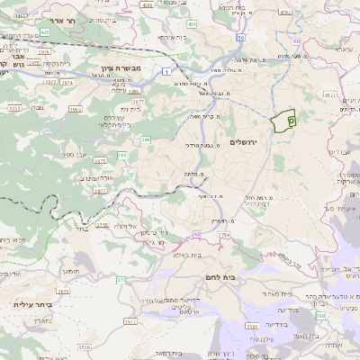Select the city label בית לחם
click(220, 277)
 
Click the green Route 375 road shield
click(120, 280)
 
